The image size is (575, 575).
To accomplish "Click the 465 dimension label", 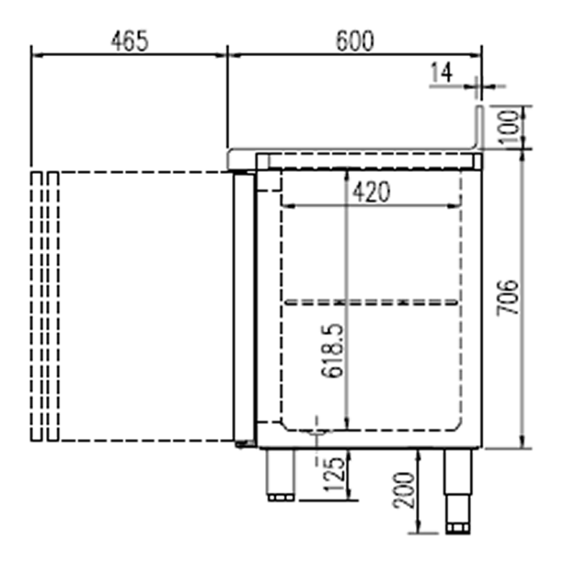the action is click(x=130, y=41).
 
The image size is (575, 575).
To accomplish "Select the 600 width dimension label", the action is click(x=355, y=41).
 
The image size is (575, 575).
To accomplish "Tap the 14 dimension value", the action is click(x=441, y=73).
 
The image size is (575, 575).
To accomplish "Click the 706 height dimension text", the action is click(x=507, y=298).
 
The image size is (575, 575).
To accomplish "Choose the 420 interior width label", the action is click(x=371, y=193).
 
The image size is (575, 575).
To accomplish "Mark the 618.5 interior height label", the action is click(x=333, y=350).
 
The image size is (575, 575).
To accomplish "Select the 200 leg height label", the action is click(x=404, y=490).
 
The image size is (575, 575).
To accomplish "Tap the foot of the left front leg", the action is click(x=281, y=497).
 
